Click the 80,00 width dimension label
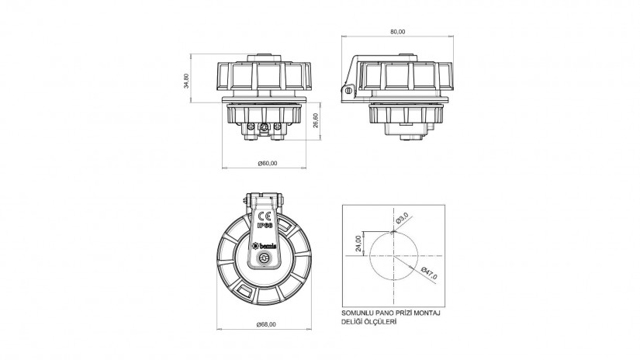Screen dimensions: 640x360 coord(398,32)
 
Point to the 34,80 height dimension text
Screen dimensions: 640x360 coord(186,81)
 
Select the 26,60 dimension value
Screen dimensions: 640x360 coord(316,120)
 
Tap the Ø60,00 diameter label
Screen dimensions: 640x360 coord(268,163)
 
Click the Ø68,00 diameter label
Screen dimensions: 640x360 coord(266,324)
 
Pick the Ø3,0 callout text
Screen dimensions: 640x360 coord(402,217)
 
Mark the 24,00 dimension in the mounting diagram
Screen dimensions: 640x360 coord(358,244)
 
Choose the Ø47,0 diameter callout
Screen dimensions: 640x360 coord(429,273)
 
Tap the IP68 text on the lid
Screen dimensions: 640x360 coord(265,224)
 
